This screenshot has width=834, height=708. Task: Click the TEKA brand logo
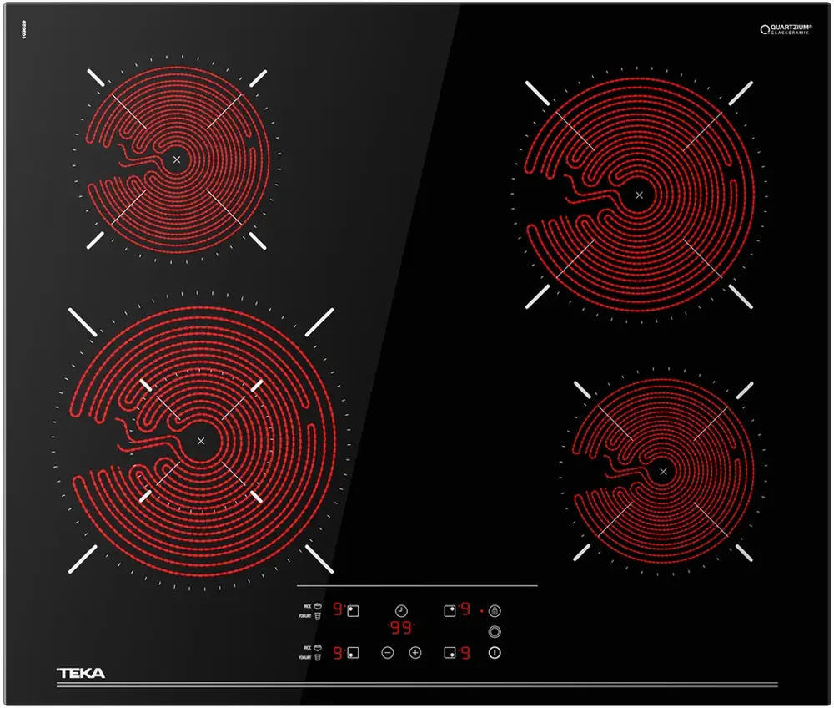[x=81, y=673]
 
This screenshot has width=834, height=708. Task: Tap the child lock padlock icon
[x=495, y=611]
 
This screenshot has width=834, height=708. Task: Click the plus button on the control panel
[x=415, y=653]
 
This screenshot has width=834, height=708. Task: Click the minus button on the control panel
[x=388, y=653]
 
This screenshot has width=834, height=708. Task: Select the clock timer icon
[x=401, y=611]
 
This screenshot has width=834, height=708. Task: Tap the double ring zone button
[x=495, y=632]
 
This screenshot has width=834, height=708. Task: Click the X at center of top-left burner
[x=177, y=159]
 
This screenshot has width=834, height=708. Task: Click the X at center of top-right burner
[x=640, y=195]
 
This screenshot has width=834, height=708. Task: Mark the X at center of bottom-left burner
[x=201, y=441]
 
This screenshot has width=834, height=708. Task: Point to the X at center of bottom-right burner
[x=663, y=473]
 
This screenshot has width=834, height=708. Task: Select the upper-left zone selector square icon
[x=354, y=610]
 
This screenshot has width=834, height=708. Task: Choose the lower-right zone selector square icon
[x=450, y=653]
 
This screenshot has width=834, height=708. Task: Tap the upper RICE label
[x=307, y=605]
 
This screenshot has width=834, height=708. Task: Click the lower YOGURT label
[x=305, y=658]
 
